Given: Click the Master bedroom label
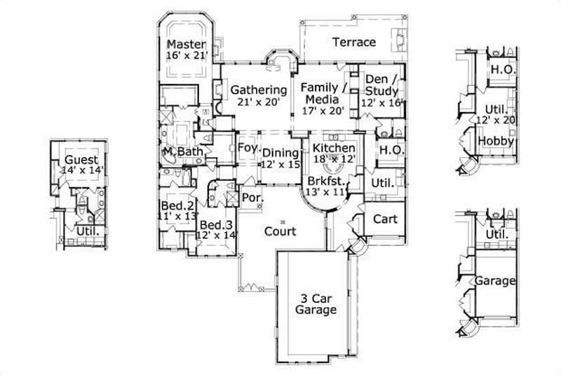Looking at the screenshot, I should click(x=186, y=43).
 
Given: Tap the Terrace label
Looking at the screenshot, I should click(x=354, y=42).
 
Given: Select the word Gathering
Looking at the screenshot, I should click(x=259, y=90).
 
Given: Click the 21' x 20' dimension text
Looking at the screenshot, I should click(x=259, y=102).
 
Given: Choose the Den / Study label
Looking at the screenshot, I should click(x=382, y=85).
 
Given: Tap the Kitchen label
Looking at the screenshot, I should click(x=334, y=149).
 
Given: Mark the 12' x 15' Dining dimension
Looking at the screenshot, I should click(x=280, y=163).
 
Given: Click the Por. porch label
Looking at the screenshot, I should click(x=252, y=198).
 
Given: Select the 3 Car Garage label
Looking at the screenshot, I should click(x=315, y=304).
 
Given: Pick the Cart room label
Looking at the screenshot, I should click(x=384, y=219).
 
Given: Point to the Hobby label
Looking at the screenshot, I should click(x=496, y=142).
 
